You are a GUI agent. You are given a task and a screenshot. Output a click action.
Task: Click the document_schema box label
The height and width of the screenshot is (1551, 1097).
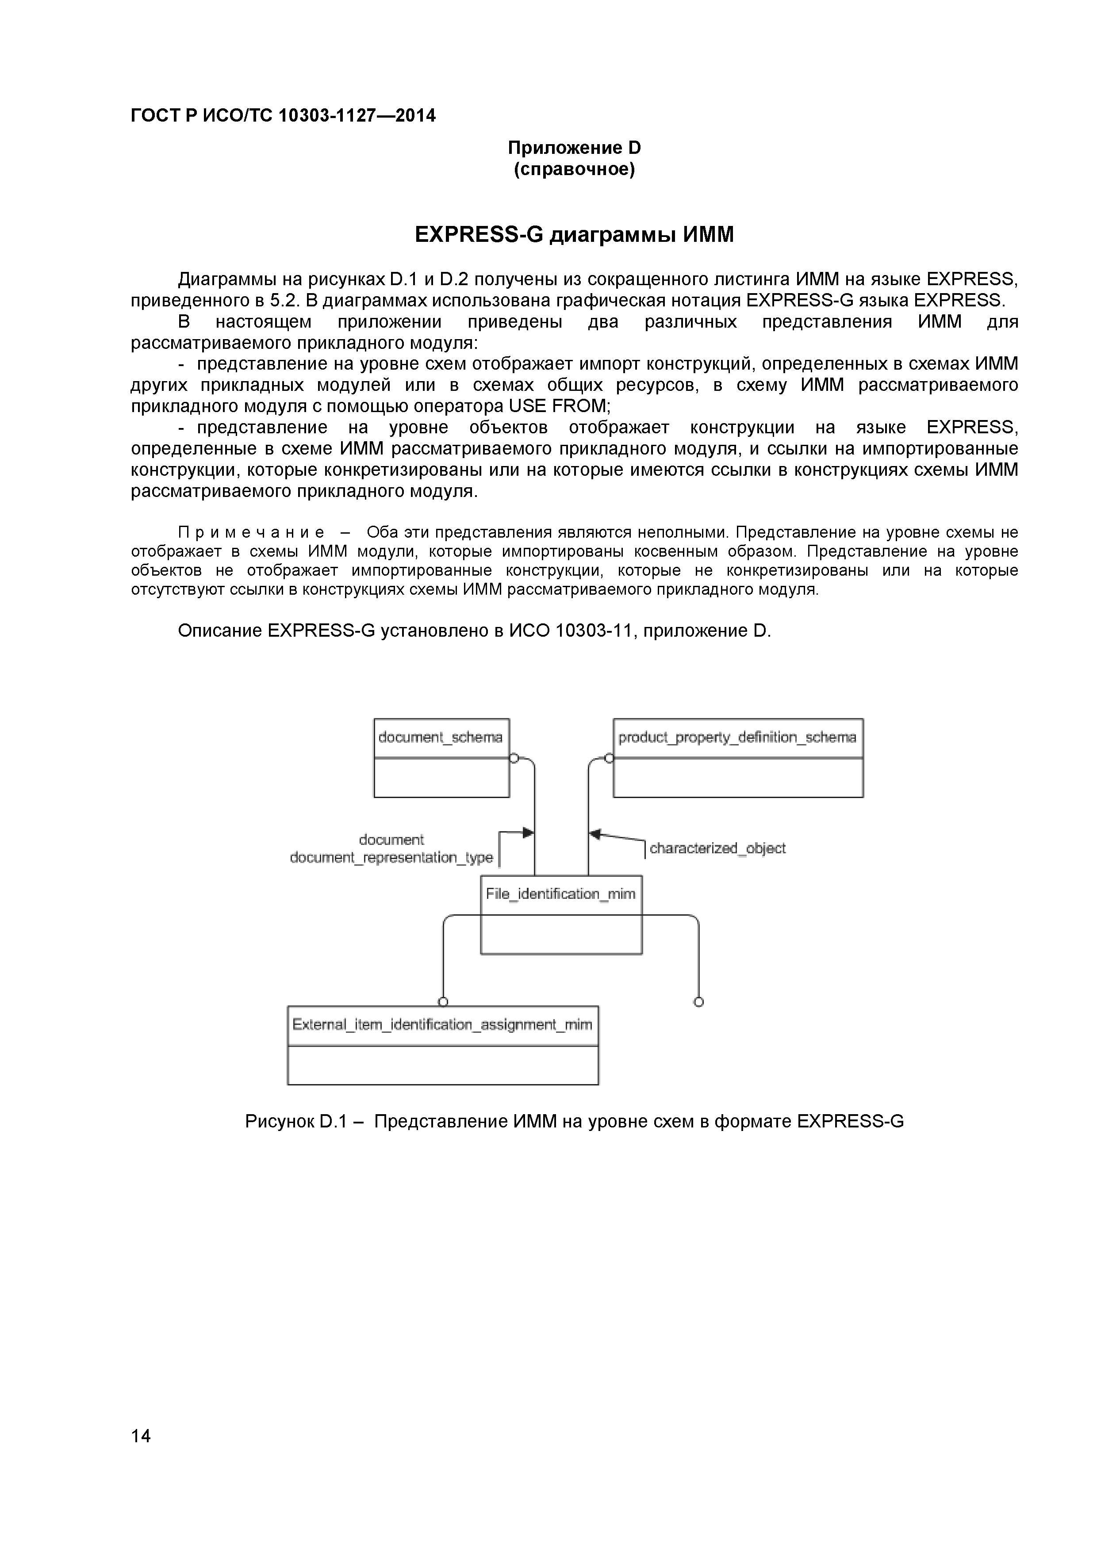tap(441, 737)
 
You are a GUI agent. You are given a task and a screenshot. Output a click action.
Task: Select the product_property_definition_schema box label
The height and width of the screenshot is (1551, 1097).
tap(737, 737)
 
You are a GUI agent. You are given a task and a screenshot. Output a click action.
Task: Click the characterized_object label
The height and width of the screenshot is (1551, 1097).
tap(717, 848)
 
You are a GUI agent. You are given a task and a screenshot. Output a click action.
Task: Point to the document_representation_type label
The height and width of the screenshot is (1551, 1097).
tap(391, 858)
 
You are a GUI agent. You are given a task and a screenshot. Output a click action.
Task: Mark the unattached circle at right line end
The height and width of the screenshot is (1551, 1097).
tap(699, 1002)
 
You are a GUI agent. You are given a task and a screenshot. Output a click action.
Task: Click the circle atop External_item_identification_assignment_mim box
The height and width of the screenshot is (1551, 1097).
tap(443, 1002)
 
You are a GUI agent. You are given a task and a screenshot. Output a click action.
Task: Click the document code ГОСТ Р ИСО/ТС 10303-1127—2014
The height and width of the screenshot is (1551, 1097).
tap(283, 116)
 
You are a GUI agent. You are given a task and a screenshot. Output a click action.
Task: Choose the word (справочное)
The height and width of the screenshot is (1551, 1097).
tap(574, 169)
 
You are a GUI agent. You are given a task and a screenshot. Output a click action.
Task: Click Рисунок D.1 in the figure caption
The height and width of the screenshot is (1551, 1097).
tap(295, 1121)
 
